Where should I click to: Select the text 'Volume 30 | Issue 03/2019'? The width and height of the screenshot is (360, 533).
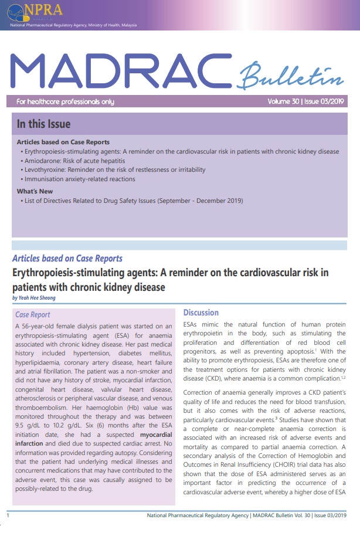(x=305, y=101)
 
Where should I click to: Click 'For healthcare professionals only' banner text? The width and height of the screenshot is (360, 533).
(x=65, y=101)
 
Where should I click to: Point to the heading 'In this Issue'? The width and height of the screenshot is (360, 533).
(x=43, y=124)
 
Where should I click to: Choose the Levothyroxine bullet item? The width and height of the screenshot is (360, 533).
(x=116, y=169)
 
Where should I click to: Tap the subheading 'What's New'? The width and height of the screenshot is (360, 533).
(x=35, y=191)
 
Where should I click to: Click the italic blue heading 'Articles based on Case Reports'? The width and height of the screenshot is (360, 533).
(x=67, y=259)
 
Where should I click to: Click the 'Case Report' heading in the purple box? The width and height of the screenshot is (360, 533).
(x=33, y=315)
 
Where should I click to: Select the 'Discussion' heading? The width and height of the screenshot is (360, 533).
(x=201, y=313)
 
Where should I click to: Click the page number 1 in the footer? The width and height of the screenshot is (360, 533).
(x=8, y=515)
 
